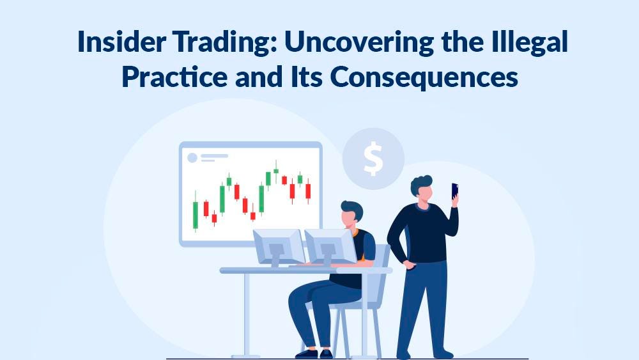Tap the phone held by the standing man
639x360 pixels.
coord(454,191)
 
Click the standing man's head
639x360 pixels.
coord(422,188)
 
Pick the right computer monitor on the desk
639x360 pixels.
coord(330,246)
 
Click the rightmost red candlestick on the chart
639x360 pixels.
coord(308,191)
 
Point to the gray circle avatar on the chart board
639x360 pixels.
coord(192,157)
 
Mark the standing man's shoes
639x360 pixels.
coord(425,354)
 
